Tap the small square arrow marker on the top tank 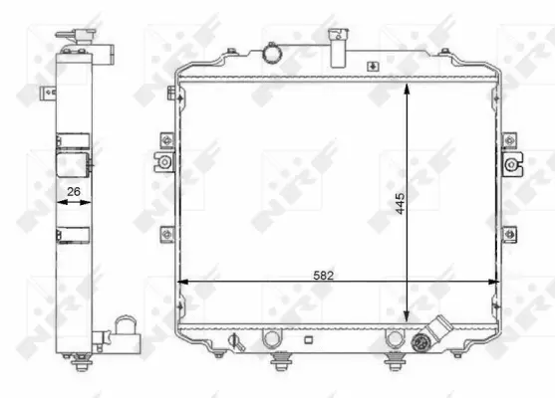click(372, 68)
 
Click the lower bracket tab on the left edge click(164, 234)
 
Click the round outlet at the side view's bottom click(126, 327)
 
